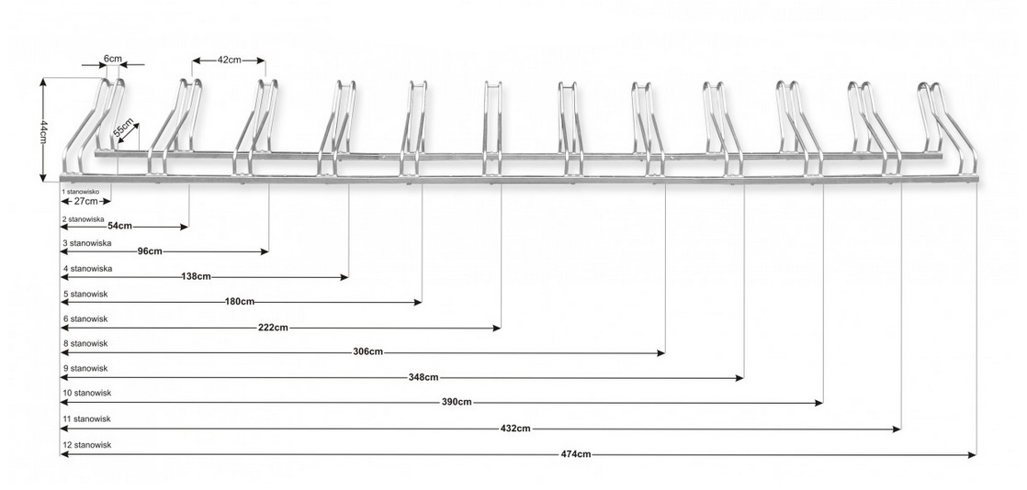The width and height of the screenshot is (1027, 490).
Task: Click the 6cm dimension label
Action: [112, 58]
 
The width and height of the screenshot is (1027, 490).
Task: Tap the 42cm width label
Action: [229, 60]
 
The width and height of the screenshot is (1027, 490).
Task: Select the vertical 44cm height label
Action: [43, 131]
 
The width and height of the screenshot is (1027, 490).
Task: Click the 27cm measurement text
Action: [85, 200]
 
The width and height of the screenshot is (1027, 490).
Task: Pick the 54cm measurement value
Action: [120, 225]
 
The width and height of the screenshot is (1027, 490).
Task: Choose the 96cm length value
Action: [150, 251]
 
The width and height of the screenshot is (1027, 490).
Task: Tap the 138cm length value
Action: [197, 275]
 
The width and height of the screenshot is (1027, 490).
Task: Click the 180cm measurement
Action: [240, 301]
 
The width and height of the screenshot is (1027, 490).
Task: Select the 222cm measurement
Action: [275, 327]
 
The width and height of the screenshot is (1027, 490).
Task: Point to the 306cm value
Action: [367, 352]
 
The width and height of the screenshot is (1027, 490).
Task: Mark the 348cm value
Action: [423, 377]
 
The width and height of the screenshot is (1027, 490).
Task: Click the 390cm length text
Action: [457, 402]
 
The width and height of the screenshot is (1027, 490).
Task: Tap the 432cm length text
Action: [515, 428]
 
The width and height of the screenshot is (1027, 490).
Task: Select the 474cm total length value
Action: [575, 453]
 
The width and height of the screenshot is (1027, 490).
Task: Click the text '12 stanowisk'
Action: [86, 444]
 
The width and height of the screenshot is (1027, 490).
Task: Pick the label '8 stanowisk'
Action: [85, 343]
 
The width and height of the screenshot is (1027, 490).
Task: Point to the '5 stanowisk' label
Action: [85, 294]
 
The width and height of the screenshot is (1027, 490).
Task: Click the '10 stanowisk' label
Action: [86, 393]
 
